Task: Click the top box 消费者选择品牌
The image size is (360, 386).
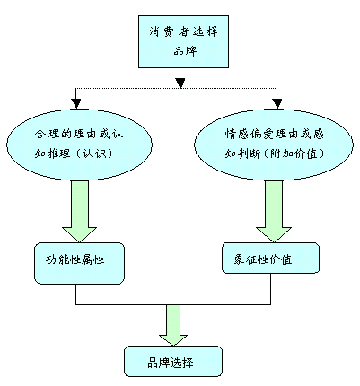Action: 183,41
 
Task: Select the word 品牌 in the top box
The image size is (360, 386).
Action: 185,50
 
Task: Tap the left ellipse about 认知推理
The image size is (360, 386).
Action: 79,145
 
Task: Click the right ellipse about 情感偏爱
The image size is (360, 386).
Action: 274,145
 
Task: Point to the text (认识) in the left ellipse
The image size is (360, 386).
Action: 93,154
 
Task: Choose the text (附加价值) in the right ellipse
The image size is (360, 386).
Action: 294,154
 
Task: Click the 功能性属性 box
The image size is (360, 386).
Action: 79,263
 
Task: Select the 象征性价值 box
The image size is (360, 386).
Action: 270,259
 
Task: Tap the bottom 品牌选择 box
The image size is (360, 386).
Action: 173,361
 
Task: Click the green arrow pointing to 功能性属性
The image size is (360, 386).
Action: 80,211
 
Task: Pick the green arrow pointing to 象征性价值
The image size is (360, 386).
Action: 274,211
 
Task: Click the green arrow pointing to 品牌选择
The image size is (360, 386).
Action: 173,325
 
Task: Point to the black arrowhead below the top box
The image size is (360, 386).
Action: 180,83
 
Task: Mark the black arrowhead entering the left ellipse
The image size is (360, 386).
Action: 76,103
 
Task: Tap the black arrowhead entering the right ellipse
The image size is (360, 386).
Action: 277,103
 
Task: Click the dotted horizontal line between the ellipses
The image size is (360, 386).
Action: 177,88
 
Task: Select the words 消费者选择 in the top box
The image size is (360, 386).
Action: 184,31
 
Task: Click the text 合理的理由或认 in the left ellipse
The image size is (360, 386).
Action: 79,134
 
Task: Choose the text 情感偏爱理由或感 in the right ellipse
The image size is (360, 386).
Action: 275,134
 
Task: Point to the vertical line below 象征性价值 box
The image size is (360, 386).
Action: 271,289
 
